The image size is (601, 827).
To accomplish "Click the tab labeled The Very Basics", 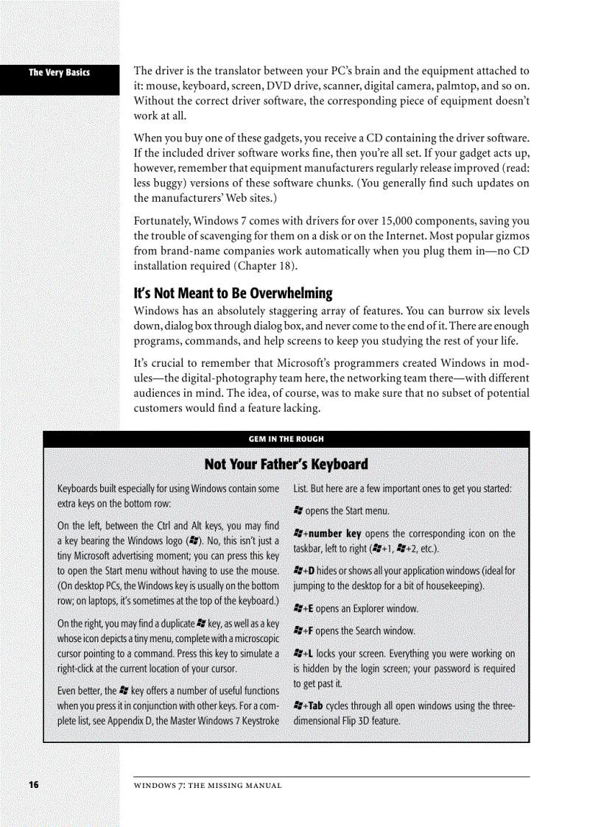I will click(59, 72).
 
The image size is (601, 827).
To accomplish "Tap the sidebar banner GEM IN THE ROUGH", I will click(286, 439).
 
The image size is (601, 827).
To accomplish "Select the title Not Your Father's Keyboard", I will click(286, 464).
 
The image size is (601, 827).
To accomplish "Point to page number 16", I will click(33, 785).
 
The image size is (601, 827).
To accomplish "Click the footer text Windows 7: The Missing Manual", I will click(208, 786).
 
